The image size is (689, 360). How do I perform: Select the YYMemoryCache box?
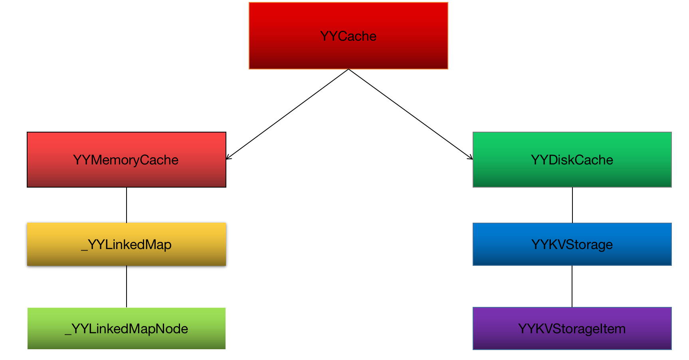click(126, 176)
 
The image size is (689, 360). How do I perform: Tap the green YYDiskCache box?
click(572, 176)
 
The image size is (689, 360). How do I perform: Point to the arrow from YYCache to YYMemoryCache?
click(287, 114)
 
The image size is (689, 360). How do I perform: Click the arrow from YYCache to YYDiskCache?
click(410, 114)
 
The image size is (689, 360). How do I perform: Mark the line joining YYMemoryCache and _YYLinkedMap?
click(127, 205)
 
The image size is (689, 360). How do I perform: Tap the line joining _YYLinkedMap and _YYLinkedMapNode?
click(127, 287)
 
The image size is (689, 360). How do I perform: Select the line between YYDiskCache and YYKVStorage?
click(572, 205)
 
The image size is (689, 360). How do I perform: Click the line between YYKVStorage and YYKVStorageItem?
click(572, 286)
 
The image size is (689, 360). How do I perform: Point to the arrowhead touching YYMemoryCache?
click(228, 158)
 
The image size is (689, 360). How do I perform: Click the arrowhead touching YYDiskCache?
click(471, 158)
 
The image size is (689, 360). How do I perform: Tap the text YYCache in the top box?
click(348, 36)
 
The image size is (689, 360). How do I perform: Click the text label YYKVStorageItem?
click(572, 329)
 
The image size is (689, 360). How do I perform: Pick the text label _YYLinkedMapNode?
click(126, 329)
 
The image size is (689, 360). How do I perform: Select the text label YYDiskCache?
click(572, 160)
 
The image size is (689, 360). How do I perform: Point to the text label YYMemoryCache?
click(126, 160)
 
